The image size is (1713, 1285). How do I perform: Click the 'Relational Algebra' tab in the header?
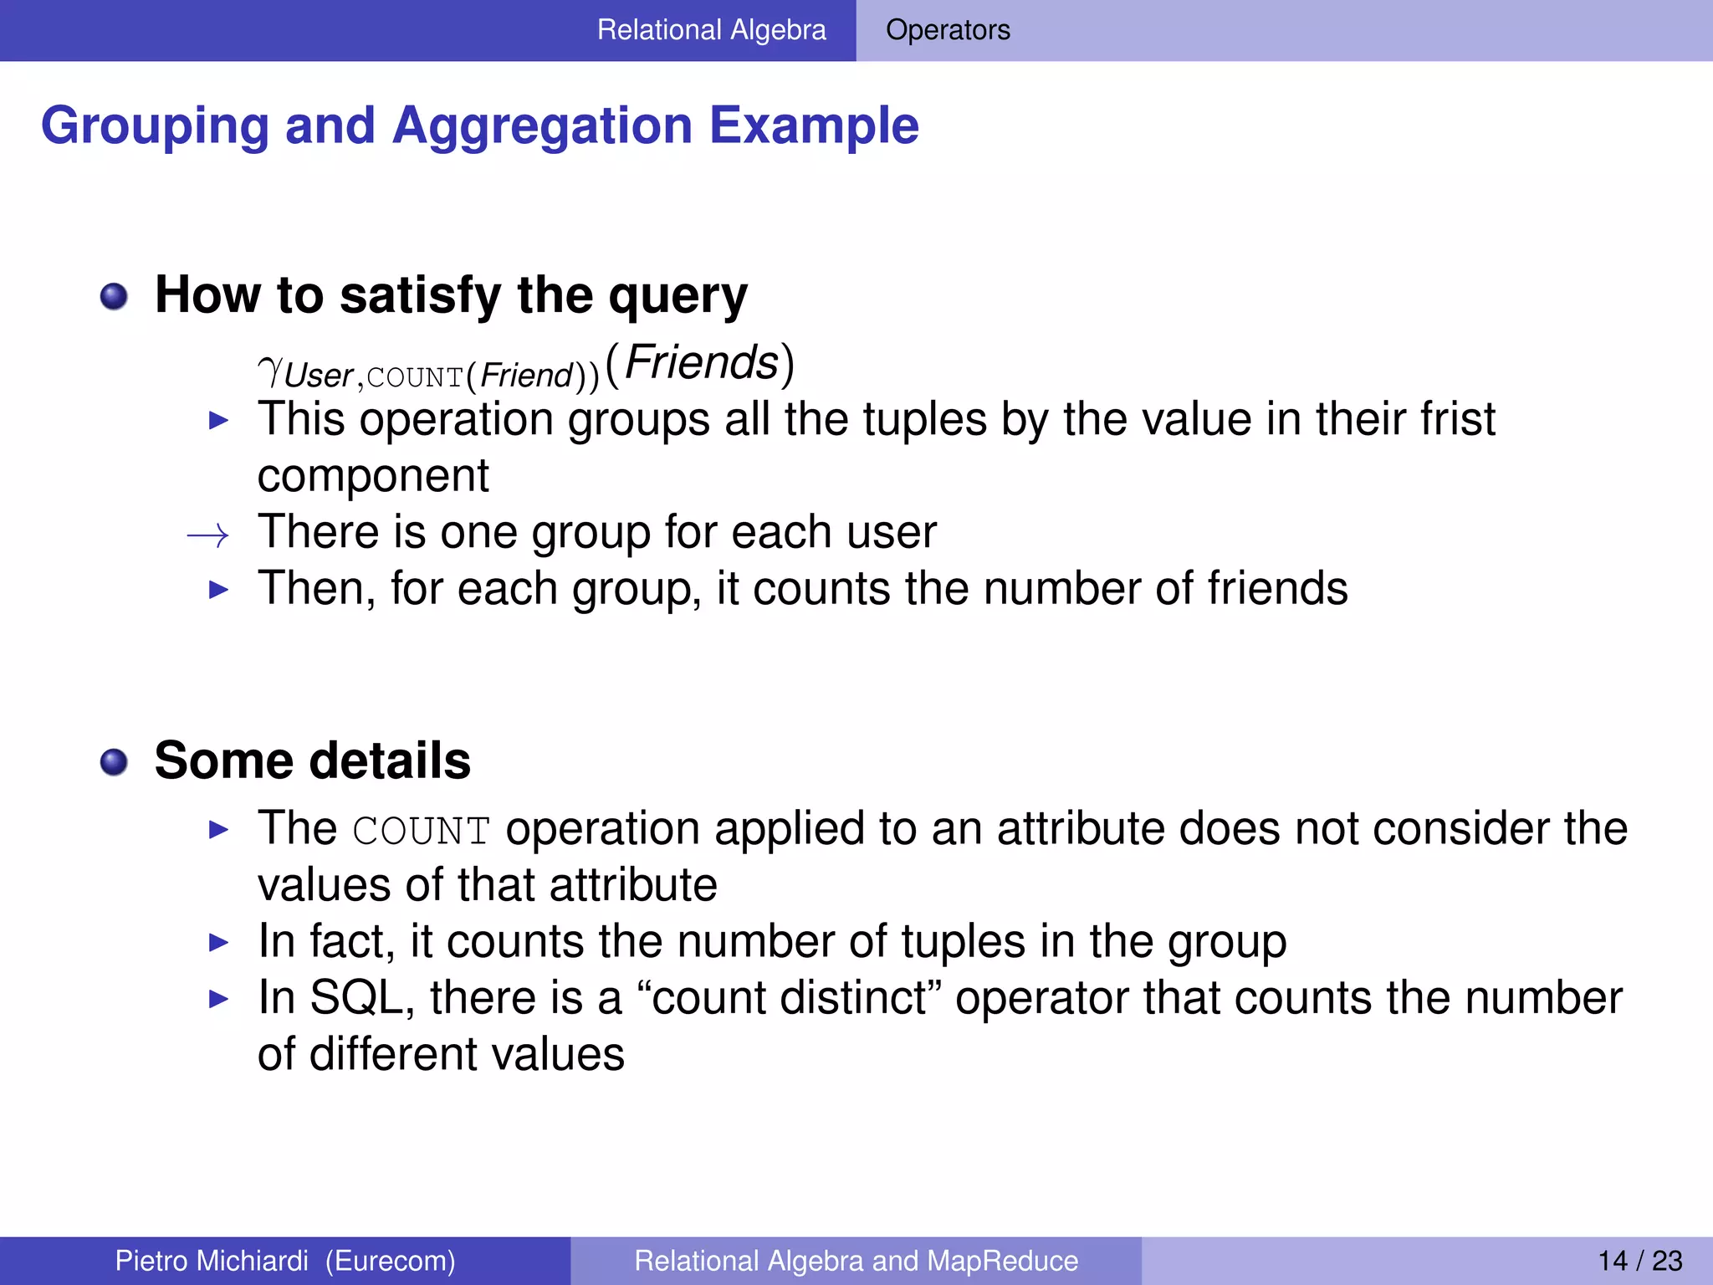coord(711,30)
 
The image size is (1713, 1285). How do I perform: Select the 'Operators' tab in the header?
coord(948,30)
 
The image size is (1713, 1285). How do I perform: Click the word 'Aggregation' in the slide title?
coord(542,125)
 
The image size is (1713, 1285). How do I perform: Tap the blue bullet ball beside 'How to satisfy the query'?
coord(114,296)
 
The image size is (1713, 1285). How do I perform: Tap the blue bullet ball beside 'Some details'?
coord(114,762)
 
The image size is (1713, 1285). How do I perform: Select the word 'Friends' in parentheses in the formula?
coord(701,362)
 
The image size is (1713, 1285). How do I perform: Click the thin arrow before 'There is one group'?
coord(207,535)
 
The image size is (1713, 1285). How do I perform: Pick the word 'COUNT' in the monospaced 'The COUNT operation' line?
coord(421,831)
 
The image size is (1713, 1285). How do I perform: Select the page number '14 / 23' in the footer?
coord(1639,1261)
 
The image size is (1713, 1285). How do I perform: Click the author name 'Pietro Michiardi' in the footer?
coord(212,1261)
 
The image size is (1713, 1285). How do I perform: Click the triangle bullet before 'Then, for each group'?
coord(218,589)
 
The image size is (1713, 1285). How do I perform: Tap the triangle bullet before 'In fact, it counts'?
coord(218,943)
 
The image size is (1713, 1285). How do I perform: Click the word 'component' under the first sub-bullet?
coord(372,477)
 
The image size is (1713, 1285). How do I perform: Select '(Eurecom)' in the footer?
coord(390,1261)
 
